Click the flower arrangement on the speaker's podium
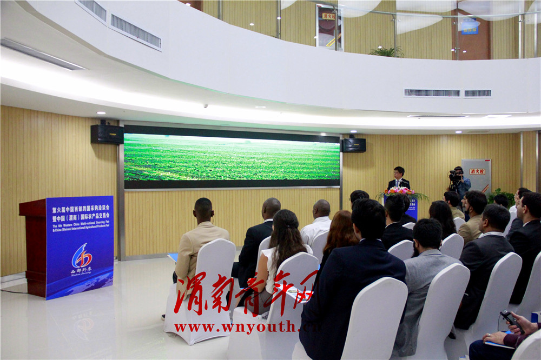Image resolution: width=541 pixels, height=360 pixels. point(401,192)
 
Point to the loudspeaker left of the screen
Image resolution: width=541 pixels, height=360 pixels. point(107,134)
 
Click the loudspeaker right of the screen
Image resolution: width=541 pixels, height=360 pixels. point(354,145)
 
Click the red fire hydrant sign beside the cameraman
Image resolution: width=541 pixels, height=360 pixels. point(477,171)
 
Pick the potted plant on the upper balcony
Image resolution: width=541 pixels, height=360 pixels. point(386,51)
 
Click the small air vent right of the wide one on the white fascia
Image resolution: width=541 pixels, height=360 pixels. point(477,94)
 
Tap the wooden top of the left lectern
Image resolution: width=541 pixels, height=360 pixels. point(32,204)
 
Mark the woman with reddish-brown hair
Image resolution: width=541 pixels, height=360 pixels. point(340,232)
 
